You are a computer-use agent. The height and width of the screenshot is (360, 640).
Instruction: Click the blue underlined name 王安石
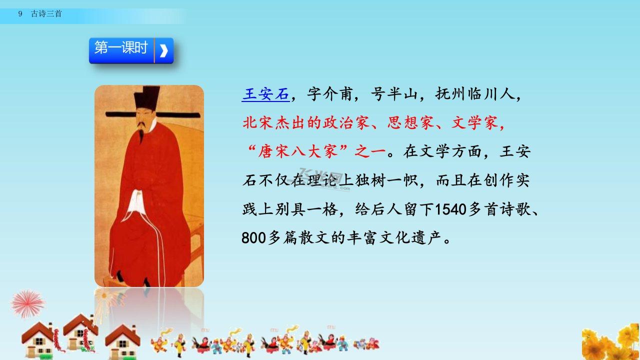(x=265, y=94)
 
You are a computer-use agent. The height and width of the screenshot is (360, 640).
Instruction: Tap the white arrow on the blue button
(x=163, y=51)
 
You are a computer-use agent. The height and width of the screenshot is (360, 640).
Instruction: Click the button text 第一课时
(x=121, y=47)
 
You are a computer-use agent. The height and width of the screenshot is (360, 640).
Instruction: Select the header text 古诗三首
(x=46, y=13)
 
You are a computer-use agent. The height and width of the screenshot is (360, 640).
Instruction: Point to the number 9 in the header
(x=20, y=13)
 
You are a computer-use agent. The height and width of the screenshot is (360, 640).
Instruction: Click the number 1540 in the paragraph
(x=450, y=209)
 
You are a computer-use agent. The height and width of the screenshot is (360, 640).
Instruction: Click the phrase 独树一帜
(x=387, y=180)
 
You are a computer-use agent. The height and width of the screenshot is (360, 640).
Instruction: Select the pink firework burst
(x=27, y=304)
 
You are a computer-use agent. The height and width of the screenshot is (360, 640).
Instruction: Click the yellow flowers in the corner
(x=611, y=341)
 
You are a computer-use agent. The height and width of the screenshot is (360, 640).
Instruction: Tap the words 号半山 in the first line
(x=394, y=94)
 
